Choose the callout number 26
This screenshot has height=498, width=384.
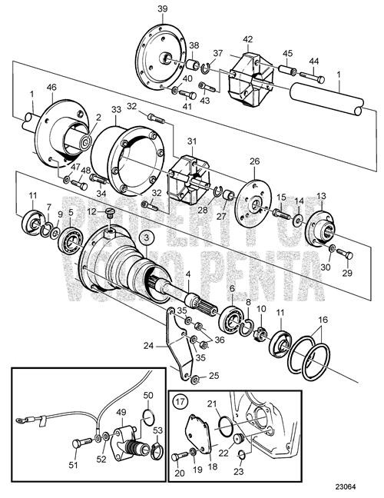tap(254, 162)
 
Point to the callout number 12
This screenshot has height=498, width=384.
tap(91, 211)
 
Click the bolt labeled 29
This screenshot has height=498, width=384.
tap(343, 254)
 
